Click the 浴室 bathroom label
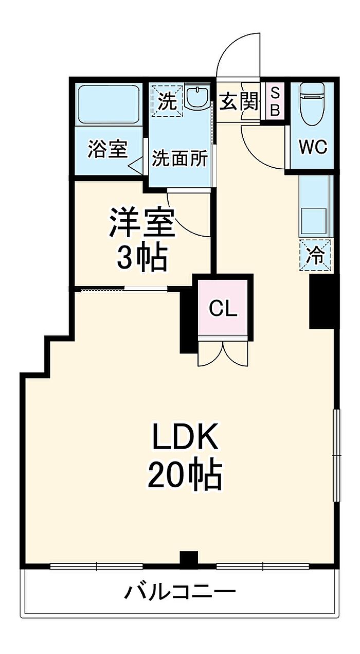click(x=107, y=149)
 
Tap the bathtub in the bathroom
click(x=109, y=104)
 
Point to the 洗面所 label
click(x=179, y=159)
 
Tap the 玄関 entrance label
click(x=239, y=102)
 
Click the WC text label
click(x=313, y=148)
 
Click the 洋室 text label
click(x=142, y=222)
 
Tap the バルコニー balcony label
click(x=179, y=592)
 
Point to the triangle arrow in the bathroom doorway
click(x=135, y=167)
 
